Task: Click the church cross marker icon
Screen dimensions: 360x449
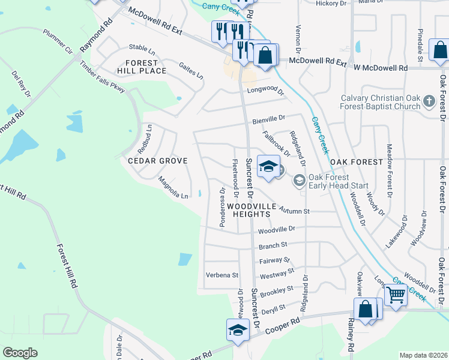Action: (x=429, y=101)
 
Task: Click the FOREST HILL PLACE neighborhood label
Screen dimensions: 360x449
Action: (x=141, y=67)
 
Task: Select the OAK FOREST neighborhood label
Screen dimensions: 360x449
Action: (x=356, y=162)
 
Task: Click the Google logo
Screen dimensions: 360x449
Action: (x=20, y=353)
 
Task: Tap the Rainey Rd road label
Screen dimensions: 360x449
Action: (x=351, y=334)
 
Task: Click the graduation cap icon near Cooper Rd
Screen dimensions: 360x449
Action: (x=238, y=330)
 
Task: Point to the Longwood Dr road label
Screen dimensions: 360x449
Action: (x=265, y=91)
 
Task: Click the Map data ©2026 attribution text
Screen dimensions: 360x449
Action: (x=423, y=355)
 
